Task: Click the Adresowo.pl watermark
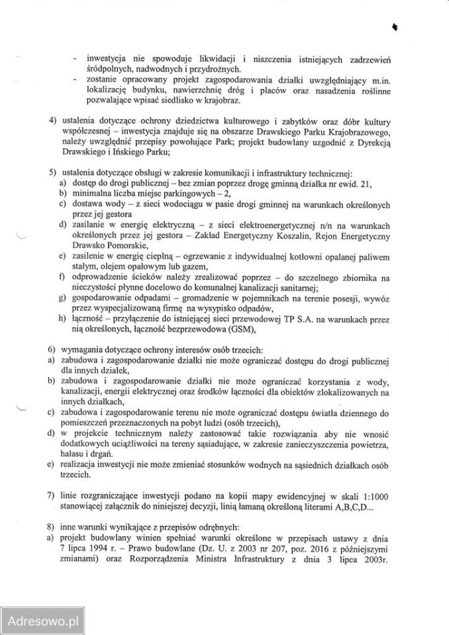41,622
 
